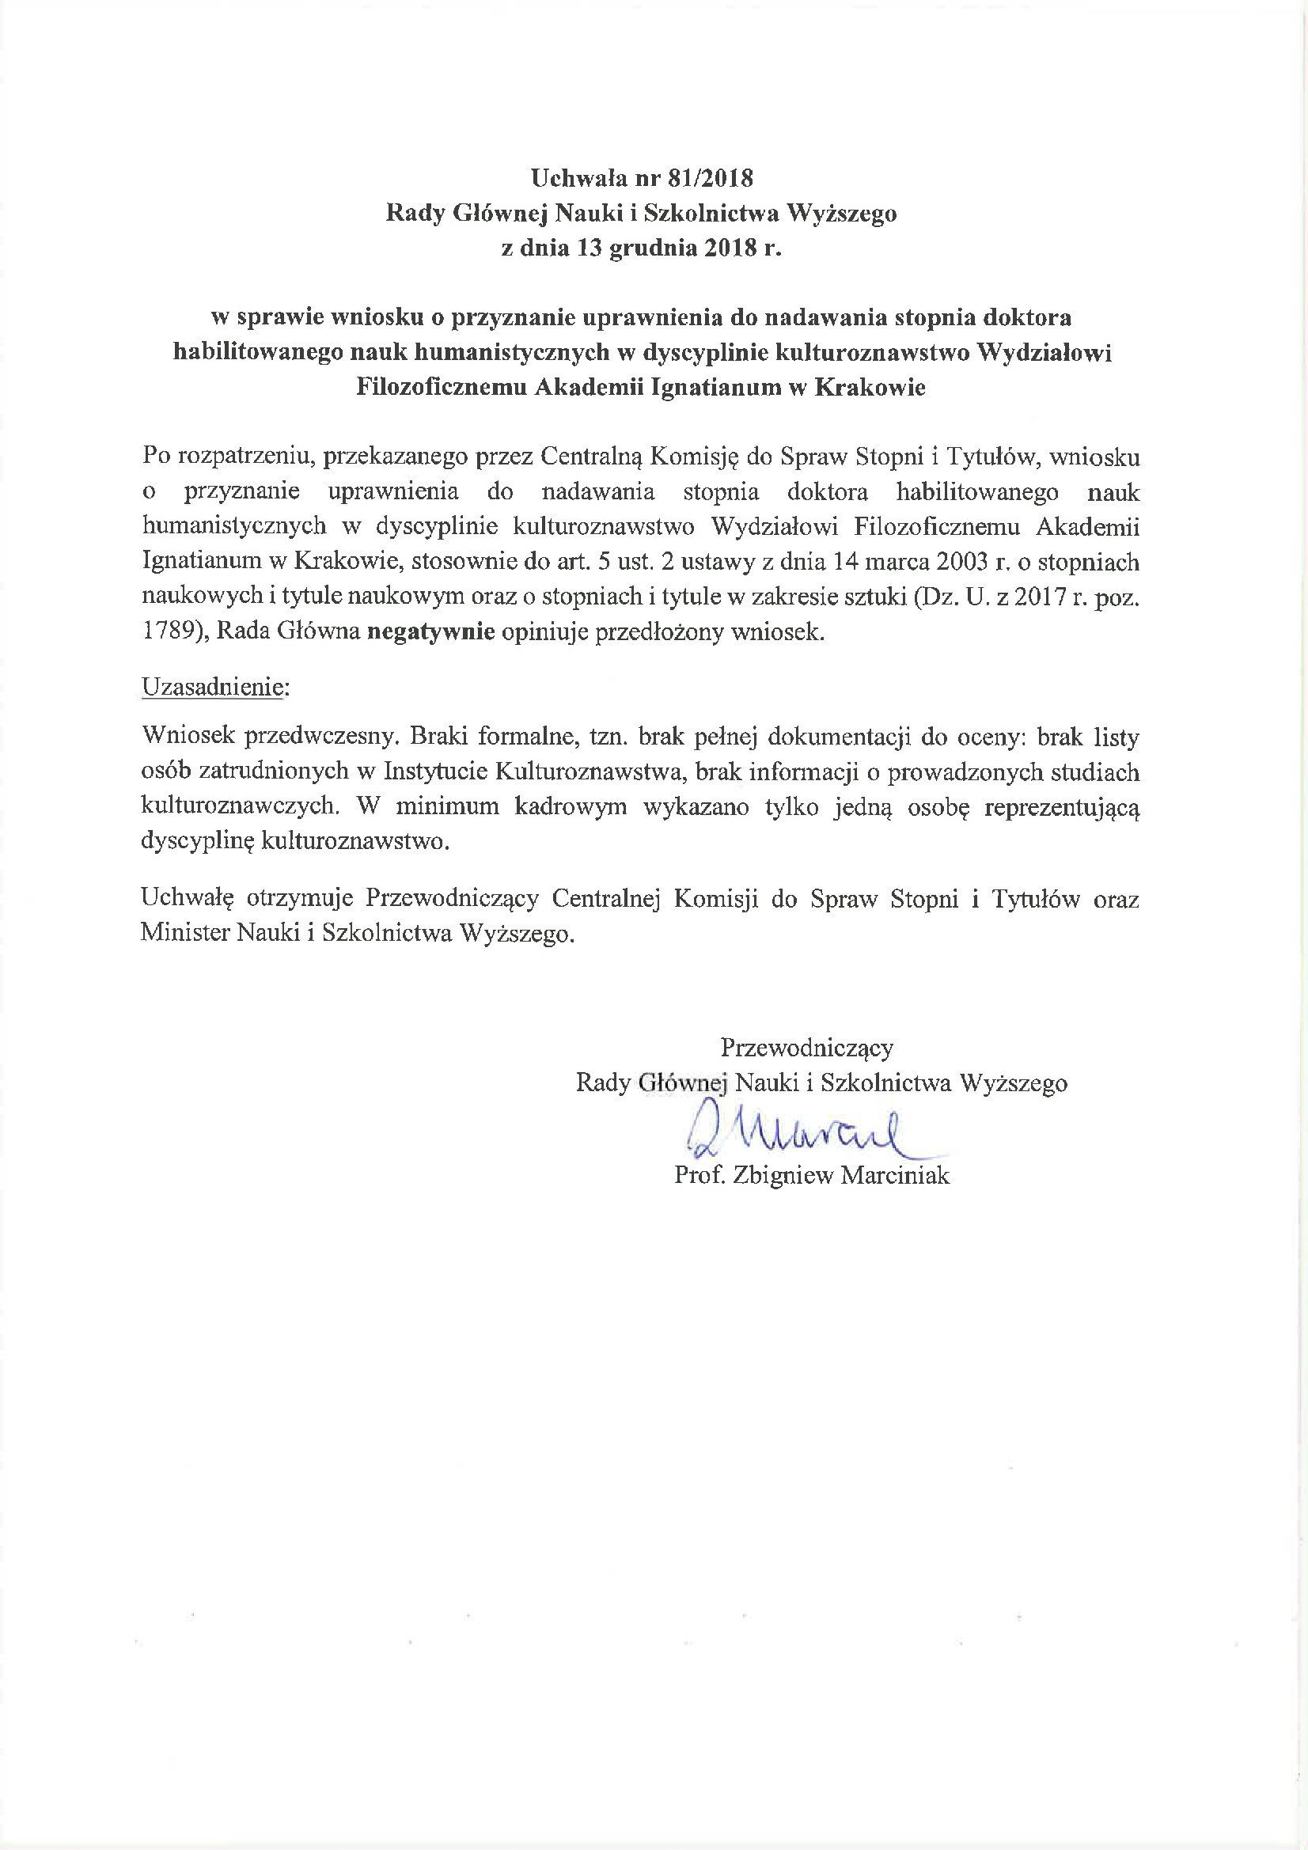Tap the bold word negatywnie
430,631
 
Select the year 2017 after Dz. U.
1041,597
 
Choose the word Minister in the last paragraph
185,933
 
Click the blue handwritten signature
798,1133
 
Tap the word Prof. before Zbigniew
701,1176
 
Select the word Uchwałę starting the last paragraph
187,898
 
